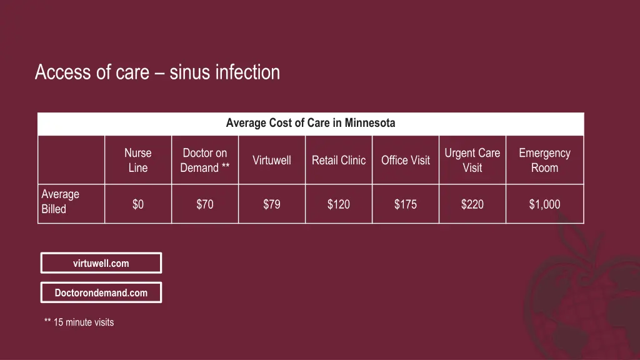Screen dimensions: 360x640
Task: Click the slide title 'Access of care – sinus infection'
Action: pyautogui.click(x=157, y=72)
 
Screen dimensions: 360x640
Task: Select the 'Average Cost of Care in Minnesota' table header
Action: pyautogui.click(x=311, y=123)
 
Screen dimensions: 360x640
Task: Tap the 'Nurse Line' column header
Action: pyautogui.click(x=138, y=160)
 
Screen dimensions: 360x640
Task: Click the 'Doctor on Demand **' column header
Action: pyautogui.click(x=204, y=160)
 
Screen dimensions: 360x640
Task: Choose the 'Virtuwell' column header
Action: pyautogui.click(x=272, y=160)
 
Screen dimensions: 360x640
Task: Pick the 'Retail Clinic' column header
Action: pyautogui.click(x=339, y=160)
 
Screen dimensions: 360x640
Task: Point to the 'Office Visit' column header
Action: pyautogui.click(x=406, y=160)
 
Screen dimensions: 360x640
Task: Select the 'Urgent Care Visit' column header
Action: pyautogui.click(x=472, y=160)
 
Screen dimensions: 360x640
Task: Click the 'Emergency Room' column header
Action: pyautogui.click(x=544, y=160)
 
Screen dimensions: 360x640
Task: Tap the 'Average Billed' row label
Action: pyautogui.click(x=61, y=202)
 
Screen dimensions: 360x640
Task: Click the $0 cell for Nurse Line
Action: pyautogui.click(x=138, y=204)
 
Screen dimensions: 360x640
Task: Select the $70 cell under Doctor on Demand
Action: pyautogui.click(x=204, y=204)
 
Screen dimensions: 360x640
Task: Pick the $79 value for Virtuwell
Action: pyautogui.click(x=272, y=204)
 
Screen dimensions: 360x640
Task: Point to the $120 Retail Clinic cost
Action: pyautogui.click(x=339, y=204)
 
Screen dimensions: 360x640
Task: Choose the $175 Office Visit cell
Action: pyautogui.click(x=406, y=204)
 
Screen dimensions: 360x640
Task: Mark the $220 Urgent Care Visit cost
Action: pyautogui.click(x=472, y=204)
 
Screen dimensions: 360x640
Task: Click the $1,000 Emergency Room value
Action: pyautogui.click(x=544, y=204)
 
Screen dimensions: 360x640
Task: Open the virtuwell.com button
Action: pyautogui.click(x=101, y=263)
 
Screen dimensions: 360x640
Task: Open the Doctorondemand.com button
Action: pyautogui.click(x=101, y=292)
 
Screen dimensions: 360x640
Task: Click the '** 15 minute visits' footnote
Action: pyautogui.click(x=79, y=322)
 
